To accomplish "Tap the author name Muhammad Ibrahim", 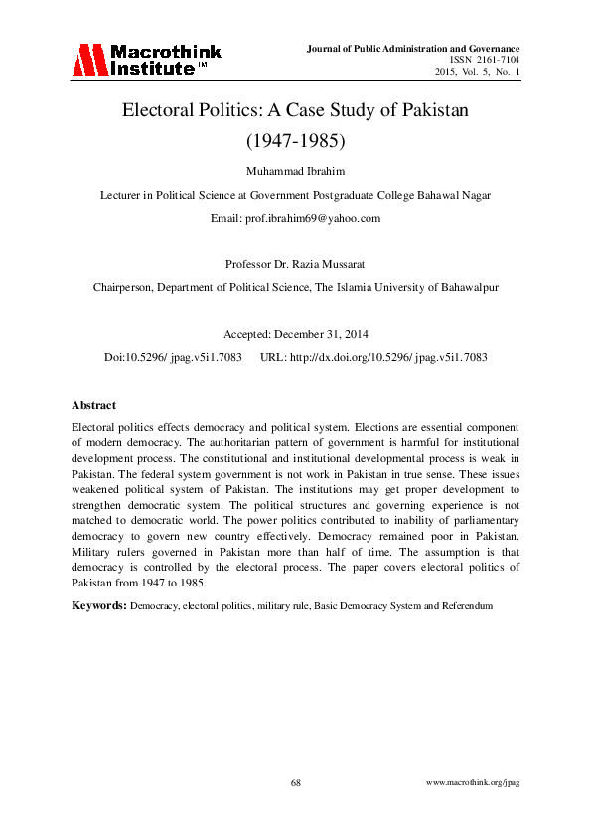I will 295,171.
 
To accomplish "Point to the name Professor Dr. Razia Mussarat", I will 295,264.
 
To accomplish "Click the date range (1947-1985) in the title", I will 295,140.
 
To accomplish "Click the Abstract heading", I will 93,405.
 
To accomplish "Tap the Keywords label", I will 99,604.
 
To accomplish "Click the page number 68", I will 295,783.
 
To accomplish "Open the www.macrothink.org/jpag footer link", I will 473,783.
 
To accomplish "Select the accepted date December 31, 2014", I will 323,334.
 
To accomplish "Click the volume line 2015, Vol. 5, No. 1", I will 477,72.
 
